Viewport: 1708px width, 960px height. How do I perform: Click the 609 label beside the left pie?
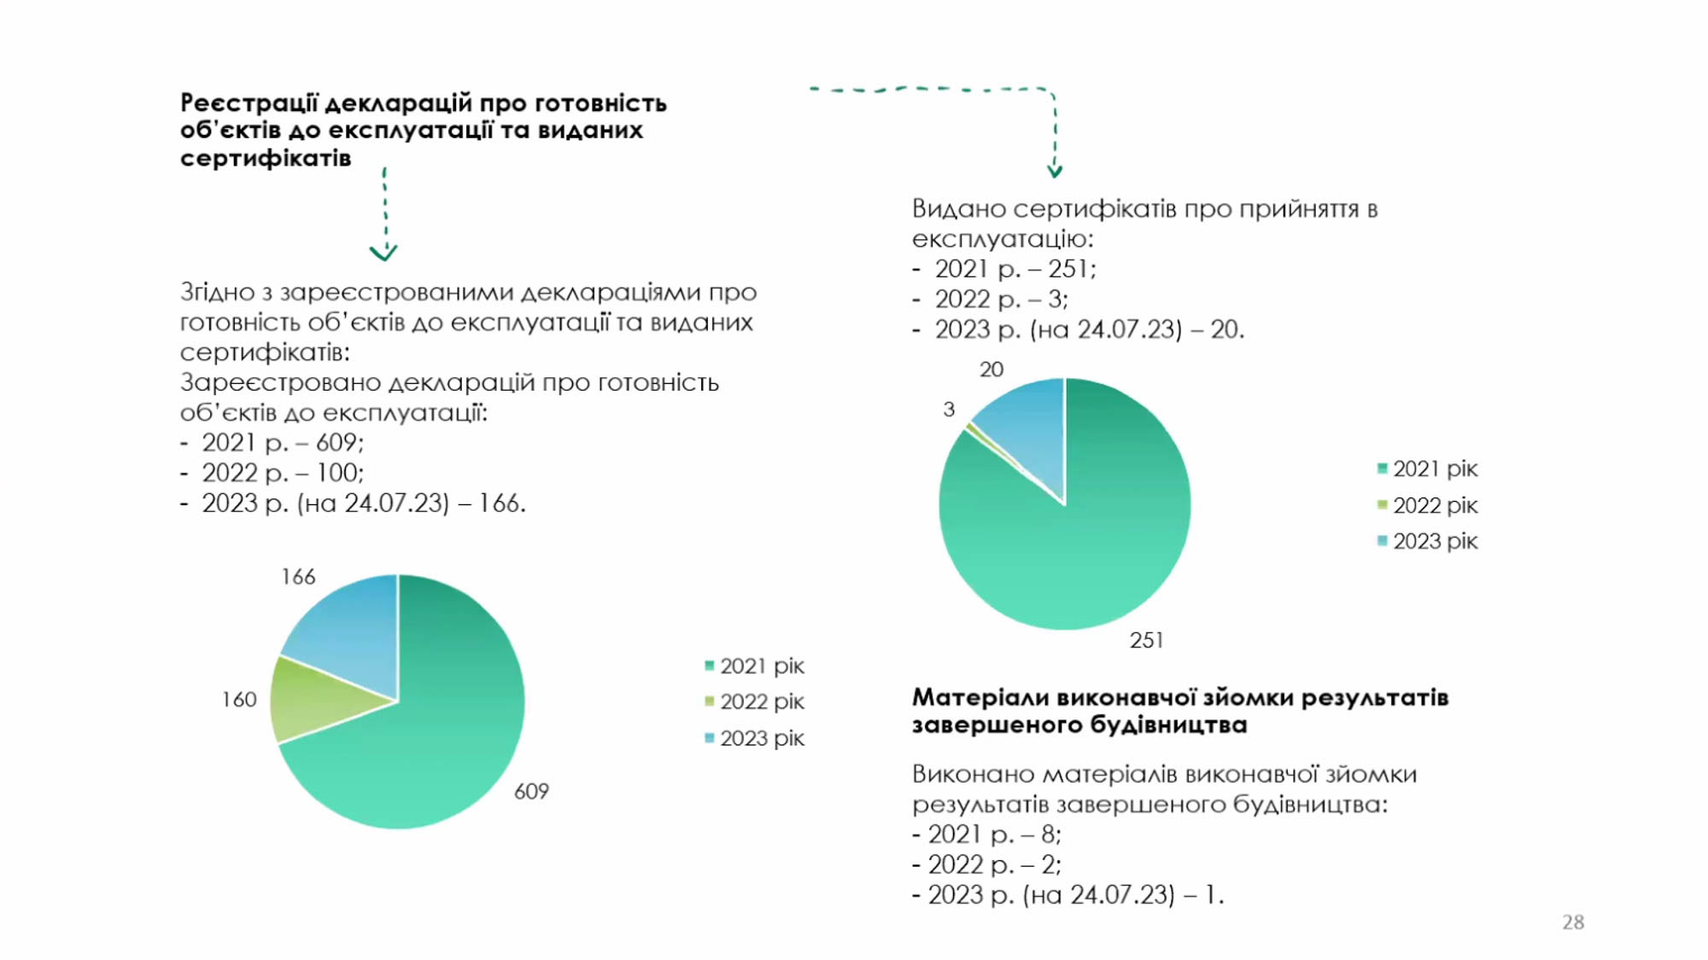click(531, 792)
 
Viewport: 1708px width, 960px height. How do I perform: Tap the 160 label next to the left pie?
click(239, 700)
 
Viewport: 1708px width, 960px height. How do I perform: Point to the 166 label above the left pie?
click(298, 577)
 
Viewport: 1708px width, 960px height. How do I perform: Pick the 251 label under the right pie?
click(1146, 640)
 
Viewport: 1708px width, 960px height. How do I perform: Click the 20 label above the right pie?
click(991, 369)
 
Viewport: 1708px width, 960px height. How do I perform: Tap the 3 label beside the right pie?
click(949, 410)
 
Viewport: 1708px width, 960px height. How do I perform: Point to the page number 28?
click(1573, 922)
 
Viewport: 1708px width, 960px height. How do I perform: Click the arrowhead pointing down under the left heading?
click(383, 253)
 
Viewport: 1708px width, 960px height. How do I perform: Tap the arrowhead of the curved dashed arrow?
click(1055, 171)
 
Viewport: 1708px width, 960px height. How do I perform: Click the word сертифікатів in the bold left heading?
click(266, 159)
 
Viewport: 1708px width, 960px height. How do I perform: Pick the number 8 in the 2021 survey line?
click(1049, 834)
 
